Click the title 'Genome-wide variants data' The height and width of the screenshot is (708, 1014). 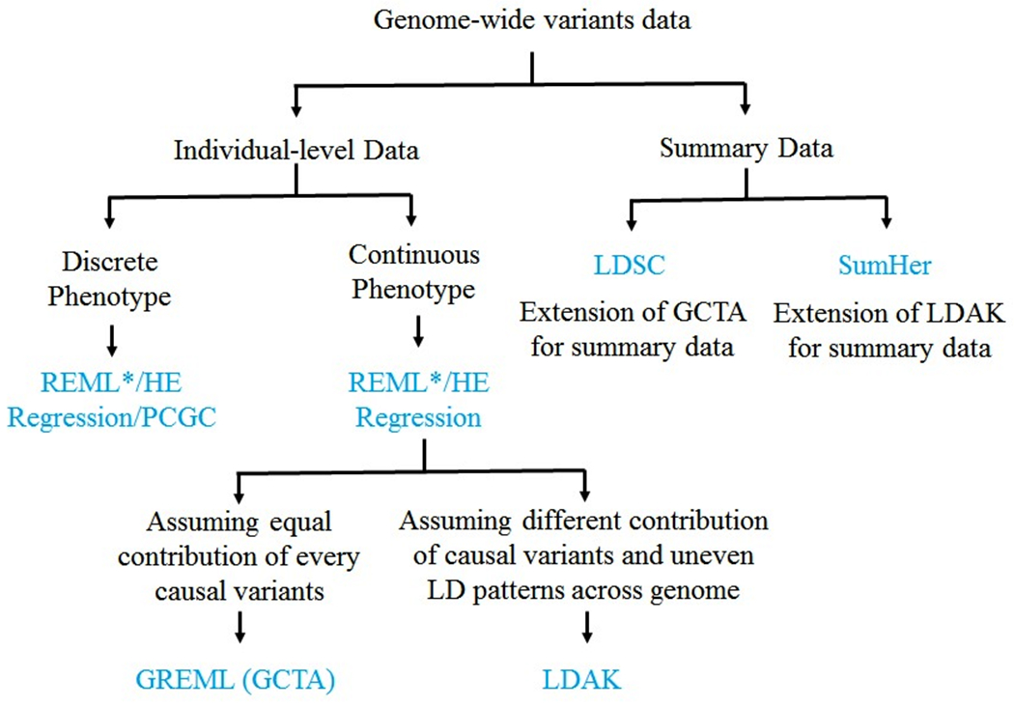click(532, 19)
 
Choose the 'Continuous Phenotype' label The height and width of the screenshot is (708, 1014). click(413, 272)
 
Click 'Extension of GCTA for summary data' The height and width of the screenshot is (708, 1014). click(627, 329)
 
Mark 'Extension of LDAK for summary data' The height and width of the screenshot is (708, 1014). click(888, 329)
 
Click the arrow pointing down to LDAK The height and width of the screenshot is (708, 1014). click(585, 630)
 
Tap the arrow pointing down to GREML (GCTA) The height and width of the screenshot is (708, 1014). click(238, 630)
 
